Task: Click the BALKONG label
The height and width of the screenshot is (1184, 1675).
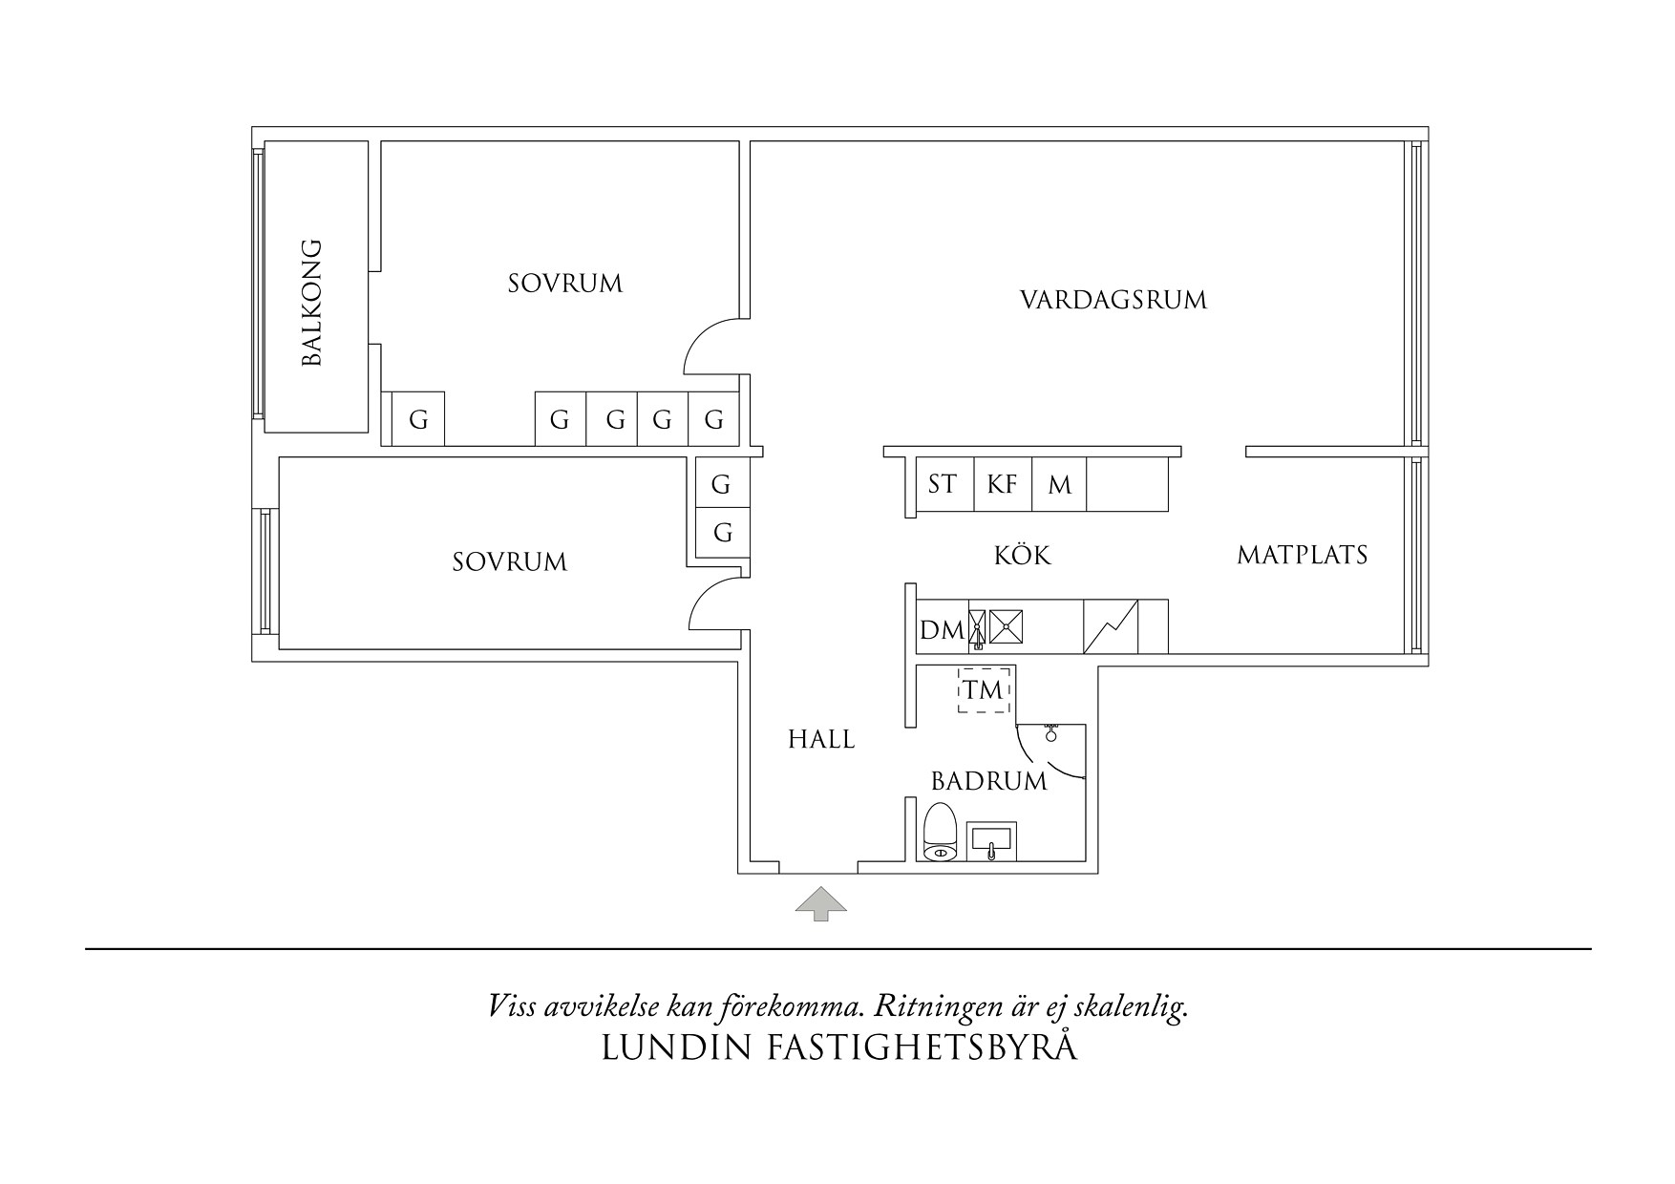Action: [x=312, y=303]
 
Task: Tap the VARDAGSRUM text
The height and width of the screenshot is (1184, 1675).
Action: [x=1113, y=300]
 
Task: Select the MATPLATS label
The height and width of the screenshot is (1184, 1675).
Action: [x=1302, y=555]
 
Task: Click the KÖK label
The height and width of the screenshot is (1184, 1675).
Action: [x=1022, y=555]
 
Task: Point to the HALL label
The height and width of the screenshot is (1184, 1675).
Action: [x=821, y=738]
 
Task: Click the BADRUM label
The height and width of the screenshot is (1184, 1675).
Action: [x=988, y=781]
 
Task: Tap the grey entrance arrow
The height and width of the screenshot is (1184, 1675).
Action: [x=821, y=902]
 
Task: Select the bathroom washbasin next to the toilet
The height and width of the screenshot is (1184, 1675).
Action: [x=991, y=840]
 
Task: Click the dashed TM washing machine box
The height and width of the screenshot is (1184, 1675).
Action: [x=984, y=688]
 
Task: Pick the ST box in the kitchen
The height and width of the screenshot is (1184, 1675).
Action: [x=943, y=484]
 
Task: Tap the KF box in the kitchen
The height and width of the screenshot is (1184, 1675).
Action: [x=1002, y=484]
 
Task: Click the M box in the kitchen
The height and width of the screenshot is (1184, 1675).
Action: [x=1059, y=484]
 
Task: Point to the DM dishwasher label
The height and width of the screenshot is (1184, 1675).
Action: [x=941, y=630]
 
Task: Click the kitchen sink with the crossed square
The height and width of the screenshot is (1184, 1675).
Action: [x=1007, y=626]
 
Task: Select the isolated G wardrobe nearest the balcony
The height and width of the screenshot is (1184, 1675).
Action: [x=418, y=419]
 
